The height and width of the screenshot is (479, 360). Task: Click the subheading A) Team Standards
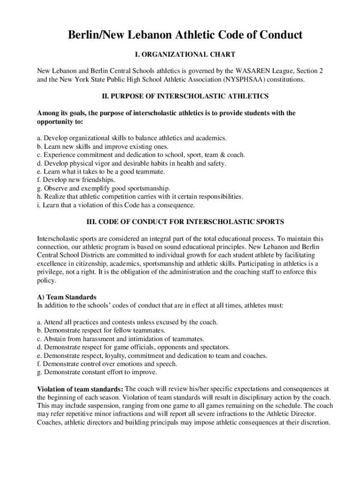point(67,297)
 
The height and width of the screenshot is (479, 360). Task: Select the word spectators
point(214,347)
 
